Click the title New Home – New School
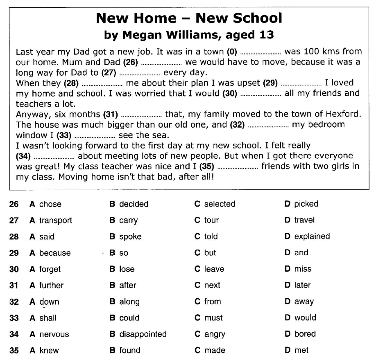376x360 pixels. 188,18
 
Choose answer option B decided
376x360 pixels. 129,204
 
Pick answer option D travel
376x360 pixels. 300,220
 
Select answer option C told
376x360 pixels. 206,236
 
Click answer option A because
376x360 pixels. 50,253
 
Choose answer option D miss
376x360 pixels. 298,269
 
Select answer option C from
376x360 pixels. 208,301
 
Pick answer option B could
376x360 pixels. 125,318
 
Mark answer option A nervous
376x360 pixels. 50,334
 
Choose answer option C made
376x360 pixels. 210,350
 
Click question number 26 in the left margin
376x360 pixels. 14,204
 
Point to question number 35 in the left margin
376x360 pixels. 14,350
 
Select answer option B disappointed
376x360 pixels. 138,334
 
